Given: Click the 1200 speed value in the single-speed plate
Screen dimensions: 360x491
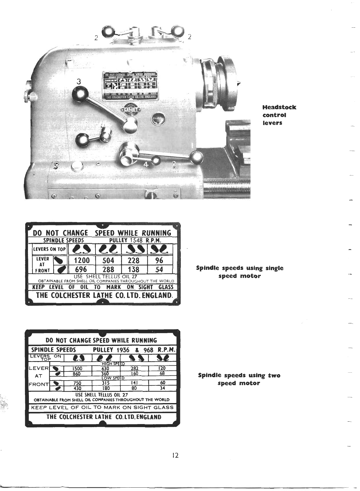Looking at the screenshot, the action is (x=82, y=260).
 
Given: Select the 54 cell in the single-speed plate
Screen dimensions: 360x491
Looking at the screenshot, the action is (x=159, y=270).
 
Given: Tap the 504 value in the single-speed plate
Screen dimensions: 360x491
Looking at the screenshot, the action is (x=108, y=260).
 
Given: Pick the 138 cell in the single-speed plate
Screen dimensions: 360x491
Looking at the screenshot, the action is (x=133, y=270).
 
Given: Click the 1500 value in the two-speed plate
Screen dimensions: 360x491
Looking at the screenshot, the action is (x=78, y=368).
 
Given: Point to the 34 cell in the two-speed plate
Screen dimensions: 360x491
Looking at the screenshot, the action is (x=162, y=388).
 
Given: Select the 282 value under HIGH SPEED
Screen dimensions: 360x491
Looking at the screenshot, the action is (x=134, y=368).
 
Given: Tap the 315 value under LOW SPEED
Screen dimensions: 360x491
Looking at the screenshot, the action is (x=106, y=383).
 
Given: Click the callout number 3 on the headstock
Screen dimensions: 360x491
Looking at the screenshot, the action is (x=79, y=81).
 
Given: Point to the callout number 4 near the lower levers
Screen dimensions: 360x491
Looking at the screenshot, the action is (x=146, y=164).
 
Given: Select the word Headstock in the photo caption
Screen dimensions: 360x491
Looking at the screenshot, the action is (x=279, y=107).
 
